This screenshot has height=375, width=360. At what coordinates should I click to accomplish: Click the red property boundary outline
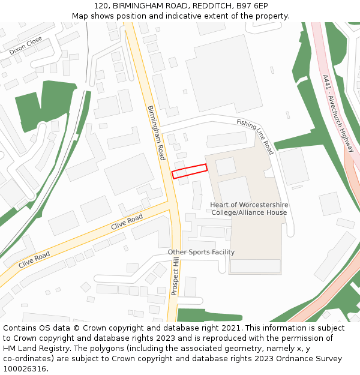[x=190, y=171]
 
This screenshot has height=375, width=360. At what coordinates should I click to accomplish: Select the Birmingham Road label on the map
[x=156, y=133]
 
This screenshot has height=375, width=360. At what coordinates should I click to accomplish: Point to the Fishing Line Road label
[x=255, y=136]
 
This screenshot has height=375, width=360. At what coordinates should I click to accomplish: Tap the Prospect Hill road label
[x=175, y=277]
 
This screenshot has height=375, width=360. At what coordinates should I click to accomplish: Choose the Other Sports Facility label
[x=201, y=252]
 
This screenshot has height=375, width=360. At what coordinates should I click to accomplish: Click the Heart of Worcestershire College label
[x=248, y=209]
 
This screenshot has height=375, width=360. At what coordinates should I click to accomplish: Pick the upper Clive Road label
[x=127, y=222]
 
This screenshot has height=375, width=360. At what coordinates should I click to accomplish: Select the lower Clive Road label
[x=34, y=260]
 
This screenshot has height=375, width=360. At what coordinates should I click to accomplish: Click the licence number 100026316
[x=25, y=368]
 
